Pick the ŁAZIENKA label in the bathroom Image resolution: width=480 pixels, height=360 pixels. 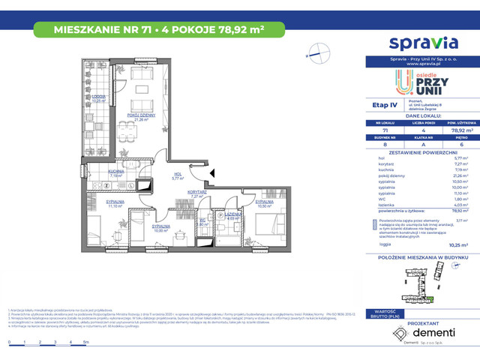pyautogui.click(x=232, y=216)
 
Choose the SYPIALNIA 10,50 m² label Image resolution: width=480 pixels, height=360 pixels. pyautogui.click(x=262, y=203)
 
